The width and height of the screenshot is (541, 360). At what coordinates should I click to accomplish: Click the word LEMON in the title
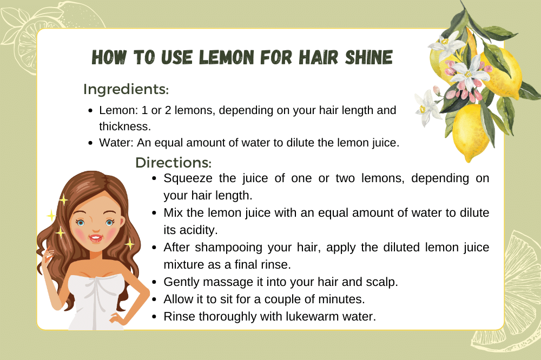(226, 57)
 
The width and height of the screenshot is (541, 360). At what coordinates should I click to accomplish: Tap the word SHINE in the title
(369, 57)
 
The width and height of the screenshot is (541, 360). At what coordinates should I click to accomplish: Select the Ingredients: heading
(126, 90)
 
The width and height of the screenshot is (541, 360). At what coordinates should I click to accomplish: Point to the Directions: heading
(173, 162)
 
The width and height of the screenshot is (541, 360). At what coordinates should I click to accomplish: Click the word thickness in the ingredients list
(124, 126)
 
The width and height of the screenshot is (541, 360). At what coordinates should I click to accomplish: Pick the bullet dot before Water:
(90, 143)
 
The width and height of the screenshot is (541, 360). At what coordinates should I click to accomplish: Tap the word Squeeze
(188, 178)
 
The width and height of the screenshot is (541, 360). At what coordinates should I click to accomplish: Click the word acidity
(190, 230)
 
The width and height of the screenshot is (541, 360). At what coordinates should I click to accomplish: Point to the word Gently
(181, 282)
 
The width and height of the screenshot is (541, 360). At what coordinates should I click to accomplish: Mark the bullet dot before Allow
(154, 299)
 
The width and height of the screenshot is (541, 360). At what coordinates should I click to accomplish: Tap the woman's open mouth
(96, 238)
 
